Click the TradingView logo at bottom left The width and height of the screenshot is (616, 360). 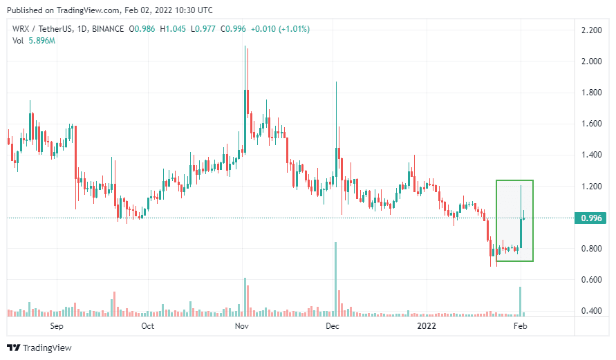[39, 348]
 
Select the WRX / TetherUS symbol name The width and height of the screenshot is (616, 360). [40, 29]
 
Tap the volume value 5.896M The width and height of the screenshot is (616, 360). [42, 41]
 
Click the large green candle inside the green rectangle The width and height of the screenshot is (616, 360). [521, 234]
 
